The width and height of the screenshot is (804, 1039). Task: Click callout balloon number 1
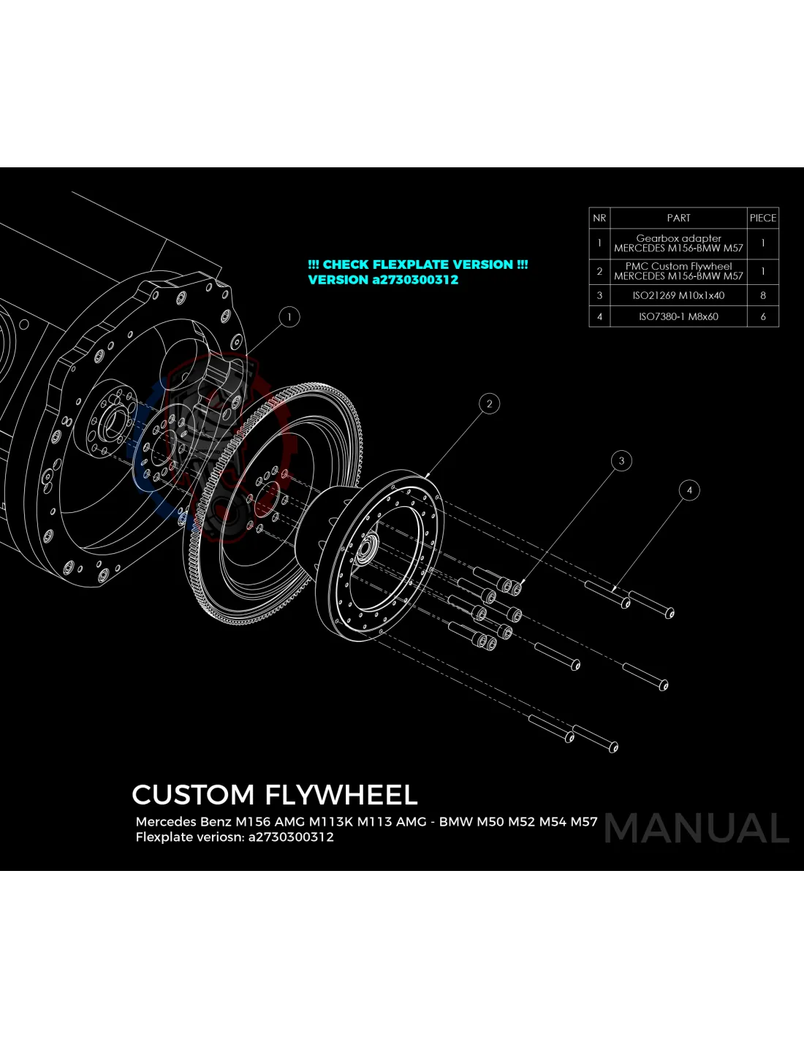coord(289,317)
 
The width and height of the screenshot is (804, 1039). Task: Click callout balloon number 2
coord(489,403)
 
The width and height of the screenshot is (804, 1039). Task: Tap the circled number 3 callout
coord(621,461)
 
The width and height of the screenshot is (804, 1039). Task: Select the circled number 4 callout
coord(689,490)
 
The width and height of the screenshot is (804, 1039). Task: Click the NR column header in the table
coord(599,218)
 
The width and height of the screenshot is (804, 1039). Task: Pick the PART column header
coord(678,218)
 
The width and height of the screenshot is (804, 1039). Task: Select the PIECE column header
coord(762,218)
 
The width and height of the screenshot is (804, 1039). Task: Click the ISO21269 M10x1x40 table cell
coord(678,296)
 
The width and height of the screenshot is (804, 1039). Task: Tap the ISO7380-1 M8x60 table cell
coord(678,316)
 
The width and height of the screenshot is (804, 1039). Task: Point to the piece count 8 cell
coord(762,296)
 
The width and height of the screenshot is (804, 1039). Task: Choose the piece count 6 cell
coord(762,316)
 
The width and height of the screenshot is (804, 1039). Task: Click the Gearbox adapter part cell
coord(678,243)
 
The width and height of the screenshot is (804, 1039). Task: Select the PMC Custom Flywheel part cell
coord(678,271)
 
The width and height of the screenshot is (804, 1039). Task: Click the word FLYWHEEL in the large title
coord(341,795)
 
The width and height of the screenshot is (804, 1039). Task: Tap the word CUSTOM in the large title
coord(193,795)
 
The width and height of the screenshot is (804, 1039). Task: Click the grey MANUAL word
coord(697,829)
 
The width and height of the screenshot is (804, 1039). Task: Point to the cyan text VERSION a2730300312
coord(383,280)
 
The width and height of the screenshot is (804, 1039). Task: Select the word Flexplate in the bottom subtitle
coord(163,837)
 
